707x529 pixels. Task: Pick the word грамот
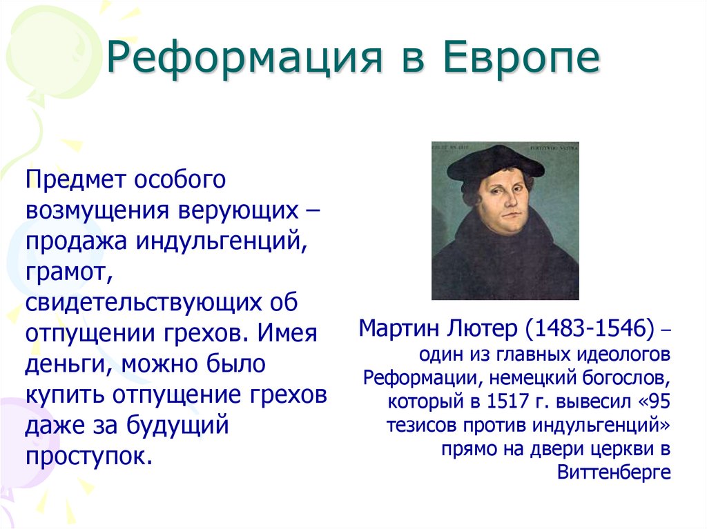[x=67, y=272]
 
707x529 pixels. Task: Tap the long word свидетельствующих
[x=142, y=303]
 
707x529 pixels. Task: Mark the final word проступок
[x=88, y=457]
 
